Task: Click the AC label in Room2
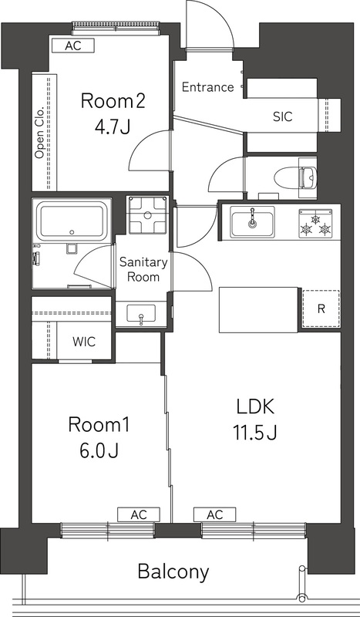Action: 72,46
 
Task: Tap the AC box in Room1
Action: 139,514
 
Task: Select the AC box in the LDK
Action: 215,514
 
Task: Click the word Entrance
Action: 207,87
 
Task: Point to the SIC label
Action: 282,117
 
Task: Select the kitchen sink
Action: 252,221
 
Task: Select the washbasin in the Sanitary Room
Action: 140,313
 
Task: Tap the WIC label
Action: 84,342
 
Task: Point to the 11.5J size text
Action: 251,433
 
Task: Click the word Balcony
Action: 173,571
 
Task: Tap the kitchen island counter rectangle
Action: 259,308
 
